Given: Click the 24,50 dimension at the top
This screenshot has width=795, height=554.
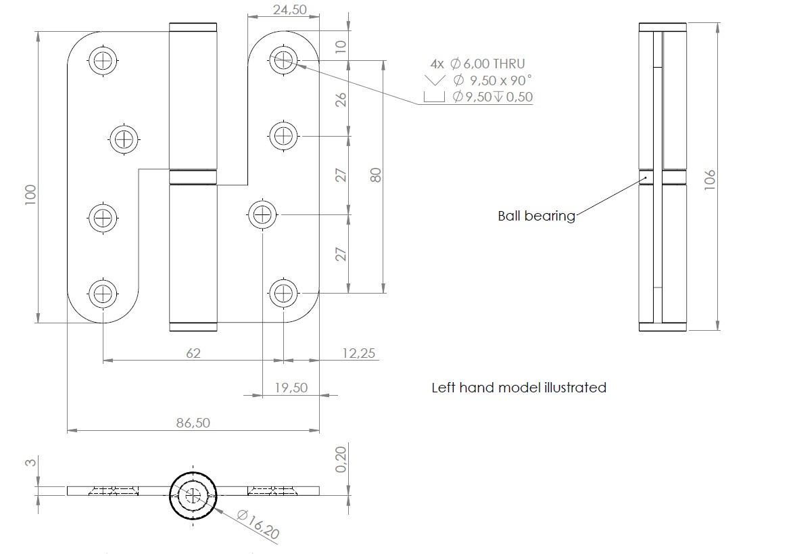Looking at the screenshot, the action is click(x=289, y=9).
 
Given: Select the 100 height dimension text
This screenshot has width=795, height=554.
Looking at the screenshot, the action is click(x=31, y=195).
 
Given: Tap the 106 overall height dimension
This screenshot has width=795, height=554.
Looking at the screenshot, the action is click(x=710, y=180).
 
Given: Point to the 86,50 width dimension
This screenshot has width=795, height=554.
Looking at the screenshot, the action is click(x=193, y=423).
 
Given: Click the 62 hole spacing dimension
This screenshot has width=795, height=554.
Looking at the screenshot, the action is click(x=193, y=353).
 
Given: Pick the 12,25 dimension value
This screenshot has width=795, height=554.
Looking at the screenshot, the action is click(x=359, y=353).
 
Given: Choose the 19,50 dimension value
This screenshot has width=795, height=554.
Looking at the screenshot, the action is click(x=291, y=388).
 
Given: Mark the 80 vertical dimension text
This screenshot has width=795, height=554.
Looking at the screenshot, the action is click(x=376, y=175).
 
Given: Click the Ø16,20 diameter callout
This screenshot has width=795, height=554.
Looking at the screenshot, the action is click(x=258, y=524).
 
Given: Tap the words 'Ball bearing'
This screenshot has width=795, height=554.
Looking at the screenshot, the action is click(x=537, y=216).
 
